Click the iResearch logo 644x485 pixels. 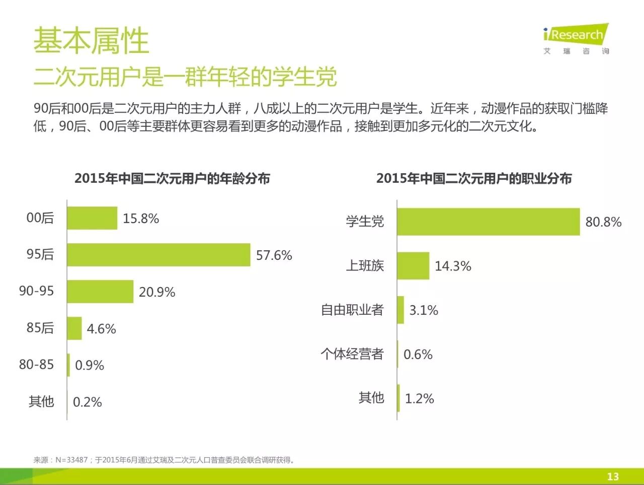[x=576, y=38]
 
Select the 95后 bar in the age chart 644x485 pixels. [x=158, y=255]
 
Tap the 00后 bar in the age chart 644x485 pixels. [x=92, y=218]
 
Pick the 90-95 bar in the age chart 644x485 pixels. [x=100, y=292]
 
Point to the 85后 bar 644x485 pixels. [x=74, y=328]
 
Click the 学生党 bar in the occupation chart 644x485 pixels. [x=488, y=222]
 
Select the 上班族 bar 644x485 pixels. [x=413, y=266]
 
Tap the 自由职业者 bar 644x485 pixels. [x=400, y=310]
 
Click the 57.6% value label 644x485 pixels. [x=274, y=255]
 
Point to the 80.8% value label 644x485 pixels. [x=603, y=222]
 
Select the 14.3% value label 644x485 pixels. [x=453, y=266]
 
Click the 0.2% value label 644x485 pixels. [x=88, y=402]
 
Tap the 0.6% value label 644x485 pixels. [x=418, y=355]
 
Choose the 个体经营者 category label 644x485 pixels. [x=352, y=354]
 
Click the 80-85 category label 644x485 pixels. [x=36, y=365]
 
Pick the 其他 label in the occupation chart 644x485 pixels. [x=371, y=398]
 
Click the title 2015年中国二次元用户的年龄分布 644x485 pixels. [x=172, y=178]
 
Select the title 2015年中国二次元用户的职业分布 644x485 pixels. [x=474, y=178]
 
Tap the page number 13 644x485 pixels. [x=613, y=476]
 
